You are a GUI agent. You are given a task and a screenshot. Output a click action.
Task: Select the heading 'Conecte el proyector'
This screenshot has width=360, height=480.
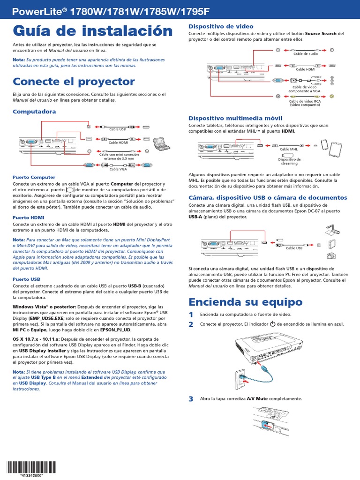[74, 82]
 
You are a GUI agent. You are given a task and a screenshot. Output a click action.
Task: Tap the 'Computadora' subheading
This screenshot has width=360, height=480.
[34, 112]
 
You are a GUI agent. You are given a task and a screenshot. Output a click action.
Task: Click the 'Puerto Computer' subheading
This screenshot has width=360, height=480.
[34, 177]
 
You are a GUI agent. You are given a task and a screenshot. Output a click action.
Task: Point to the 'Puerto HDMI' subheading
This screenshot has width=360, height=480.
[30, 217]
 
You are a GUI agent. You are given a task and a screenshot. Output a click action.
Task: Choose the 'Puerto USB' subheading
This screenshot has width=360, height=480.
[27, 279]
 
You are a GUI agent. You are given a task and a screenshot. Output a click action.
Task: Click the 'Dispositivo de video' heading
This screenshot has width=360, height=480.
[221, 26]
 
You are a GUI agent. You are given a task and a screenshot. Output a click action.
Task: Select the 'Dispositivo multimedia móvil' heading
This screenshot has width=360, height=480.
[235, 118]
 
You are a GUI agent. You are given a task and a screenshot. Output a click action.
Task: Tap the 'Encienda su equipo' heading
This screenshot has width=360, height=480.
[245, 301]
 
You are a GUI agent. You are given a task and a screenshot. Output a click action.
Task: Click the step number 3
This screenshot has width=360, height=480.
[191, 399]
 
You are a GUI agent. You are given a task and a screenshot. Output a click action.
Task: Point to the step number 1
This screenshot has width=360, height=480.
[191, 314]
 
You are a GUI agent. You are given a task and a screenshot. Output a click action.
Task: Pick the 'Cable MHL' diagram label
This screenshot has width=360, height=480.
[289, 149]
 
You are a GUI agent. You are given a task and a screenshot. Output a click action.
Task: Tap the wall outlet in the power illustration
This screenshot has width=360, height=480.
[241, 376]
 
